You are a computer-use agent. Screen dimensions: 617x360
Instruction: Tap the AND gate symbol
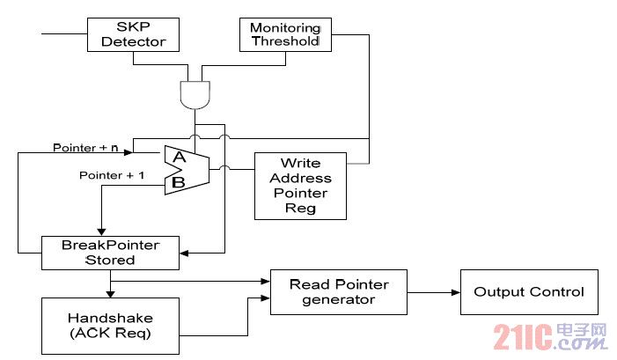pos(195,95)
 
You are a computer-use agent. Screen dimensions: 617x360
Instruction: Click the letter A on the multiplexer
pos(180,157)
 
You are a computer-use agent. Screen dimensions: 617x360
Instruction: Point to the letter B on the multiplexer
pos(179,182)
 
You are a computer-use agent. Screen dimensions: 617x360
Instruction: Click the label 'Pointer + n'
pos(85,148)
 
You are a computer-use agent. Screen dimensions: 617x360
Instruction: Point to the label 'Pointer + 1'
pos(112,175)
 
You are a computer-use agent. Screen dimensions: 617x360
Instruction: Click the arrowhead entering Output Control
pos(456,292)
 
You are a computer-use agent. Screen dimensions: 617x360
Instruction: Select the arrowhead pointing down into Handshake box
pos(111,294)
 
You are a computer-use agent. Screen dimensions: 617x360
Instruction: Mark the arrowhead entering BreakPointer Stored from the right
pos(184,253)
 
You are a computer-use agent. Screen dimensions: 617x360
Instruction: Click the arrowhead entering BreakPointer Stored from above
pos(101,232)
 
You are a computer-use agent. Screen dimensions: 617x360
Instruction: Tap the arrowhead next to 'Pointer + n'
pos(129,152)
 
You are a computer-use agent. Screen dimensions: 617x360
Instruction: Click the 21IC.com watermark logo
pos(550,336)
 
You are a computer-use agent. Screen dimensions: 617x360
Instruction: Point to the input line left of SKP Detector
pos(64,33)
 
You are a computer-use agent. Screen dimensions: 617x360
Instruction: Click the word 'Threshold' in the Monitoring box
pos(286,40)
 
